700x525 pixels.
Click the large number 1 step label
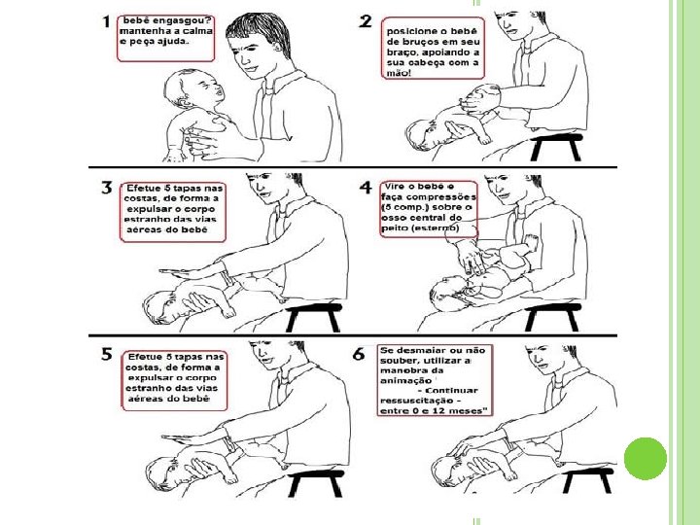point(106,21)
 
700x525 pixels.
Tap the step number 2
point(366,21)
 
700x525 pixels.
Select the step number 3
point(107,188)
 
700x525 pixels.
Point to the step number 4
point(366,188)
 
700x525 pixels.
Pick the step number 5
point(107,355)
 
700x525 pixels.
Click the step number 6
point(359,355)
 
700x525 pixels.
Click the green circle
point(646,459)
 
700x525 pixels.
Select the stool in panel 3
point(313,317)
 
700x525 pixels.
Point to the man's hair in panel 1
point(259,31)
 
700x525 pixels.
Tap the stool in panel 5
point(316,483)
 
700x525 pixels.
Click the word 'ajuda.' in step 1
point(173,42)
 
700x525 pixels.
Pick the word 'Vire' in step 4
point(394,186)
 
